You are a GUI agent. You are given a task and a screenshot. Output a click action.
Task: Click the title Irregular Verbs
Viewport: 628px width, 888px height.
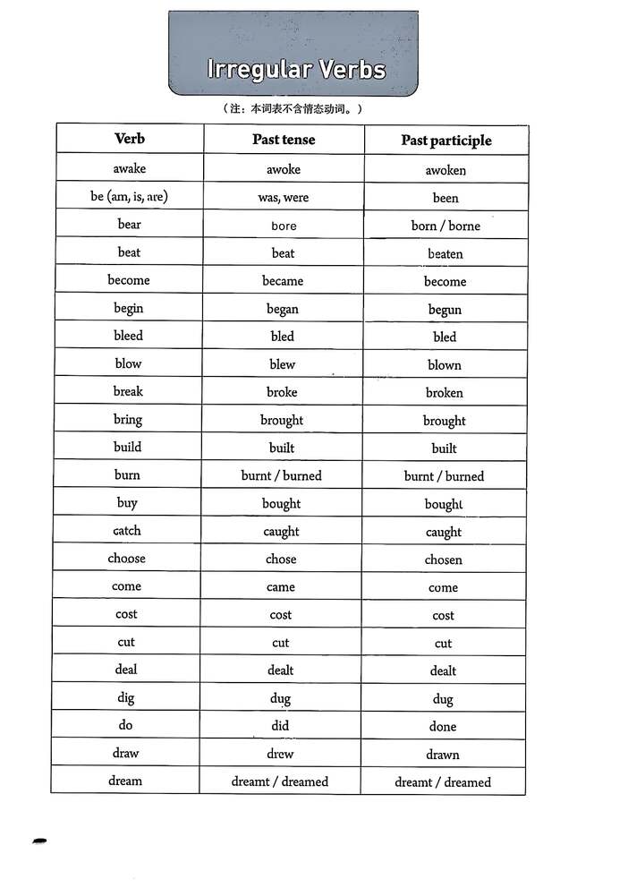pos(296,69)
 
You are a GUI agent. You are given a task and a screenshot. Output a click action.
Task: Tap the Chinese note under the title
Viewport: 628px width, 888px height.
pos(293,109)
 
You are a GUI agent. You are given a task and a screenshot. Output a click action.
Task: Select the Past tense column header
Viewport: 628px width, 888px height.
pos(284,140)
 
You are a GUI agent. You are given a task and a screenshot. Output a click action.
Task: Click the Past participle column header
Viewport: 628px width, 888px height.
pos(446,141)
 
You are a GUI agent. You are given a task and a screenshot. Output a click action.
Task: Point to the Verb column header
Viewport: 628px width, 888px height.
pos(130,139)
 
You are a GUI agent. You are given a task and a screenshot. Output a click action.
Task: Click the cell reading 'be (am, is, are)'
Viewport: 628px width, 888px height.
pos(129,196)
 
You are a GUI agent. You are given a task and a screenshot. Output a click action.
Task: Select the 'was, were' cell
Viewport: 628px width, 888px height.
pos(283,197)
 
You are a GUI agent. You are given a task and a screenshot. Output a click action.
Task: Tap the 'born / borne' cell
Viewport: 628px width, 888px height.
pos(446,226)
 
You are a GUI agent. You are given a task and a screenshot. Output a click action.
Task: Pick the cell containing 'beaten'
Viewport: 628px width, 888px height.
pos(445,254)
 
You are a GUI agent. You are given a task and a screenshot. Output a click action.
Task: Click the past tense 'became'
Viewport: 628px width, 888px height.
pos(283,281)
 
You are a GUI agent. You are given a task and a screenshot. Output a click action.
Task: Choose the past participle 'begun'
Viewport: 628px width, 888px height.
pos(445,310)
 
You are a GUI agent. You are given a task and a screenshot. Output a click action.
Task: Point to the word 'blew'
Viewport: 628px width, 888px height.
pos(282,364)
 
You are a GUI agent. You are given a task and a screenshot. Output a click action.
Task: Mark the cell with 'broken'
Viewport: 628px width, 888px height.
pos(445,393)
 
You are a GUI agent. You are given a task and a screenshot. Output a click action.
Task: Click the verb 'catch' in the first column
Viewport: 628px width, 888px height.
pos(127,531)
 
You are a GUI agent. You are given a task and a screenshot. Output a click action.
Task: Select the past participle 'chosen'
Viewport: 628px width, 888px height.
pos(444,560)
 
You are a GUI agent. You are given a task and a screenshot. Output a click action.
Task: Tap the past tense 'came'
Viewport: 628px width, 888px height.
pos(281,587)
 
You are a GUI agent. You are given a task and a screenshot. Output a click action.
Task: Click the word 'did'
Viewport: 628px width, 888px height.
pos(280,726)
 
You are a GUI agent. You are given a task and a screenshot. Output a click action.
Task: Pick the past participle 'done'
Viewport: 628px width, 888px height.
pos(443,727)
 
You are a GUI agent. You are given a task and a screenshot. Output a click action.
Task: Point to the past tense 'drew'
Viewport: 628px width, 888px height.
pos(280,754)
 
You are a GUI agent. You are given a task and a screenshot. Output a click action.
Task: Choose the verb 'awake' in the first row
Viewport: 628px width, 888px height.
pos(130,168)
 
